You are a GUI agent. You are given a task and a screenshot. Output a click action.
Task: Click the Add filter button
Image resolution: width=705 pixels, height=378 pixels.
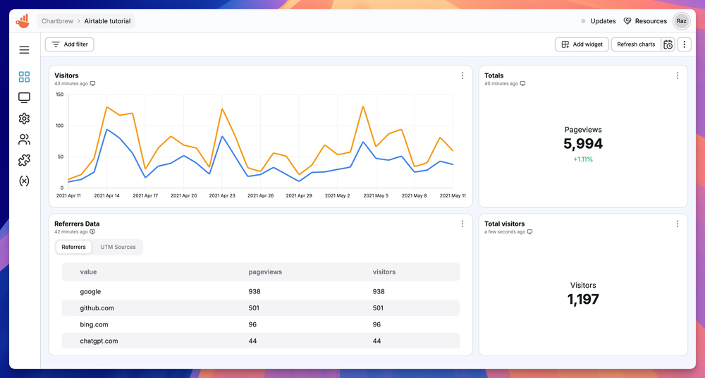tap(69, 44)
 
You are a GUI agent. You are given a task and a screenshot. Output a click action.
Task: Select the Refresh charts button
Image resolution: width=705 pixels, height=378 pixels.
tap(635, 44)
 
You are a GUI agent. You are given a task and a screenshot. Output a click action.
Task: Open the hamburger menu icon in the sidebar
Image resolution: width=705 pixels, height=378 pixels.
tap(24, 50)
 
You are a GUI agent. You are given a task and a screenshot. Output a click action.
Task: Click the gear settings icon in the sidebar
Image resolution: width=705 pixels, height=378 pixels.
tap(24, 118)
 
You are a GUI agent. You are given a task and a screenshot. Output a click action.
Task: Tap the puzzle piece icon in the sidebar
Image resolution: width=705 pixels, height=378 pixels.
tap(24, 160)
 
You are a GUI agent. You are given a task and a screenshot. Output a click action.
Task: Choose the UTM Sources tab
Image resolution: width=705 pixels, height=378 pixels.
tap(118, 247)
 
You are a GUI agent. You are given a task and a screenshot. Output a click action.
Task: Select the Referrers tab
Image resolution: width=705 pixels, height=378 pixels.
tap(73, 247)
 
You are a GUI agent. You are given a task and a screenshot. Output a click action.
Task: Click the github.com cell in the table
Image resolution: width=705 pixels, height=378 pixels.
tap(97, 308)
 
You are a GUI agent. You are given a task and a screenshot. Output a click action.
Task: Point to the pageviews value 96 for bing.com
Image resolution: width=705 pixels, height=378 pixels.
tap(252, 324)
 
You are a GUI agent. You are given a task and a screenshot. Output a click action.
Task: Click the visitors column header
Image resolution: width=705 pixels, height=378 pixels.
tap(384, 272)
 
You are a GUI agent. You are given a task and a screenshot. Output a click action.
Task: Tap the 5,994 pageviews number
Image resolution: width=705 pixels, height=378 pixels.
tap(583, 145)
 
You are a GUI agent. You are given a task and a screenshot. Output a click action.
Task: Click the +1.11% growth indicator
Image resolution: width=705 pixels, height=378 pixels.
tap(583, 159)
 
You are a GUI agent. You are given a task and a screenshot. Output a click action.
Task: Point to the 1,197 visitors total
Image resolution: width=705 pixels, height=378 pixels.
tap(583, 300)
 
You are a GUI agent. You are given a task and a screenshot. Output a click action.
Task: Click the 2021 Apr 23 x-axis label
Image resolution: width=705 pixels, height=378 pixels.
tap(223, 195)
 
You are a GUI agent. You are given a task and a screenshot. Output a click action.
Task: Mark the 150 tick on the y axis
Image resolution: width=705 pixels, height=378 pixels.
tap(59, 94)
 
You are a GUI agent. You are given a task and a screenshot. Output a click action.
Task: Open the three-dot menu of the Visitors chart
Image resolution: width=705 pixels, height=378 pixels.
tap(462, 75)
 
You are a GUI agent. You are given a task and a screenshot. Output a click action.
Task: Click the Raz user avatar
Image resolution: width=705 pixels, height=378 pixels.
tap(681, 21)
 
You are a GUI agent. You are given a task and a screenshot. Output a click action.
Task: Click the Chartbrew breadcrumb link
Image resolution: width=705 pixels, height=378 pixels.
tap(57, 21)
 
